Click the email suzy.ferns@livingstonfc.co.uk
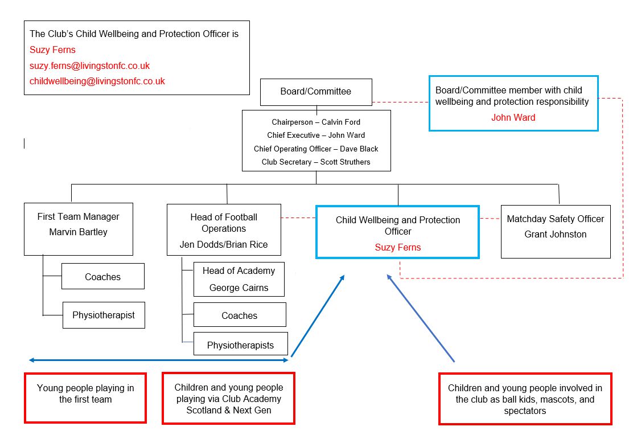click(89, 66)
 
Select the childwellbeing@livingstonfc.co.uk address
click(97, 81)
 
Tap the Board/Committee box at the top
click(315, 92)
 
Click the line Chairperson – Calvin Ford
click(316, 122)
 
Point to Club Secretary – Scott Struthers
click(316, 162)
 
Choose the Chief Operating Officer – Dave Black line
click(316, 149)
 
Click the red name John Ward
click(513, 118)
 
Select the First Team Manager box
click(79, 228)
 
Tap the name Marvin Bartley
click(79, 232)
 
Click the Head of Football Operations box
click(224, 229)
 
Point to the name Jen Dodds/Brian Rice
click(224, 245)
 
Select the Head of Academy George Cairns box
click(239, 279)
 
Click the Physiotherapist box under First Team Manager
click(104, 315)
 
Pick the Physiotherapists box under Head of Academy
click(240, 345)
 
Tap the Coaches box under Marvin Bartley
click(102, 277)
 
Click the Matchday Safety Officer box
click(555, 231)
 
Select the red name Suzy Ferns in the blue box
click(397, 247)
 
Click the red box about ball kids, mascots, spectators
click(525, 399)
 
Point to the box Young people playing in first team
click(85, 397)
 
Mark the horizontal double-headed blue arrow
click(159, 360)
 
